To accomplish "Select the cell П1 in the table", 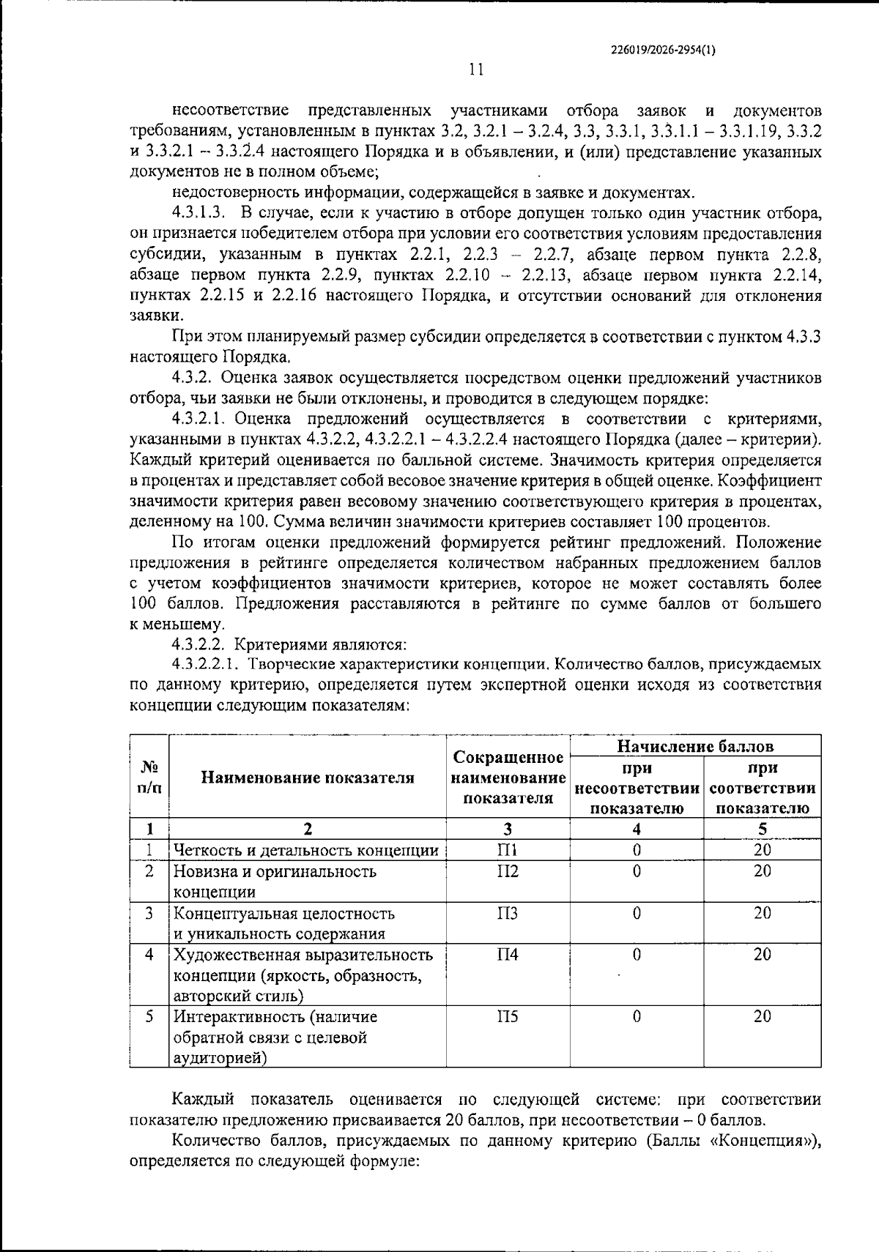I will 508,850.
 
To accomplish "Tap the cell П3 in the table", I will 508,913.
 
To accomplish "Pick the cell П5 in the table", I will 508,1016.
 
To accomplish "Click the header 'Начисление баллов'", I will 695,746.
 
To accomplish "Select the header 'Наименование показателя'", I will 308,778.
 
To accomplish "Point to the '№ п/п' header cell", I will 149,778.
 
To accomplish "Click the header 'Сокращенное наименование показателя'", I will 508,778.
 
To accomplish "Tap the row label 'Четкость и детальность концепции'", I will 306,851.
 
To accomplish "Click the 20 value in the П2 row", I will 763,871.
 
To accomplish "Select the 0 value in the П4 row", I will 637,955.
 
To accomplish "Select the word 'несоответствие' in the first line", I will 231,111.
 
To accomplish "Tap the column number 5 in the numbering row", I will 763,830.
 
